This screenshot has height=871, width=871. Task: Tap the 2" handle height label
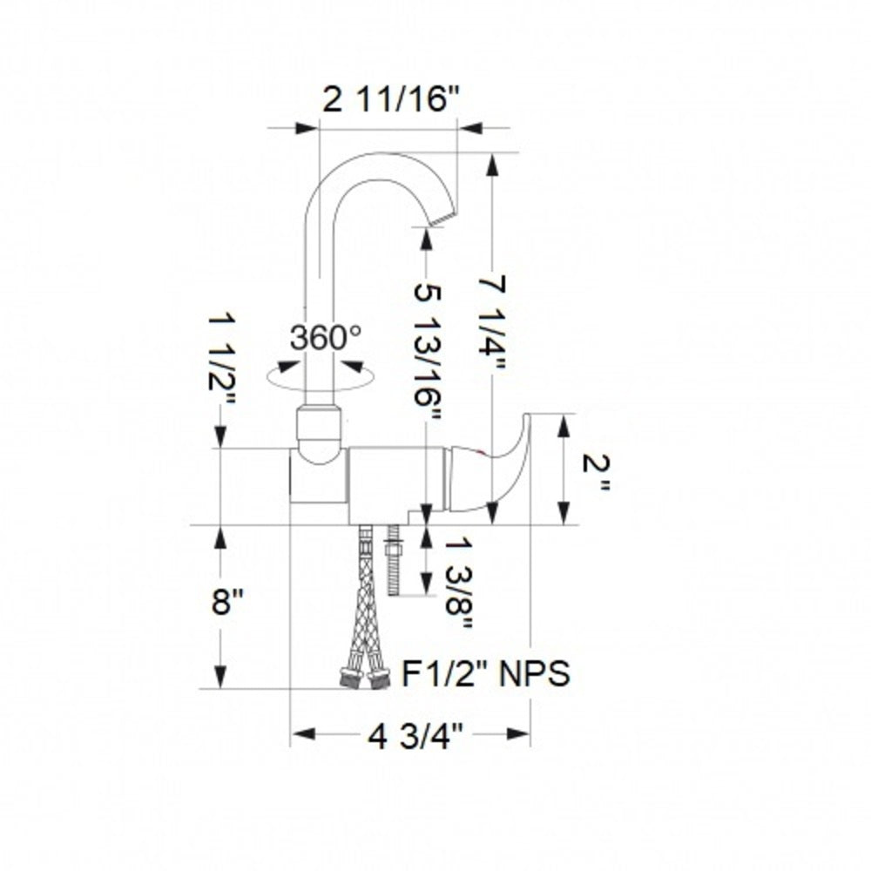(597, 469)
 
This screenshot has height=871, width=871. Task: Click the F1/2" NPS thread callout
(486, 673)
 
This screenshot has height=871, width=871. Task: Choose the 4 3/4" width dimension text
(414, 737)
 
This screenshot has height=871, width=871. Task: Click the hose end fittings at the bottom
(363, 678)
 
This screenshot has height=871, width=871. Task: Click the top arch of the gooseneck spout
(383, 157)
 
